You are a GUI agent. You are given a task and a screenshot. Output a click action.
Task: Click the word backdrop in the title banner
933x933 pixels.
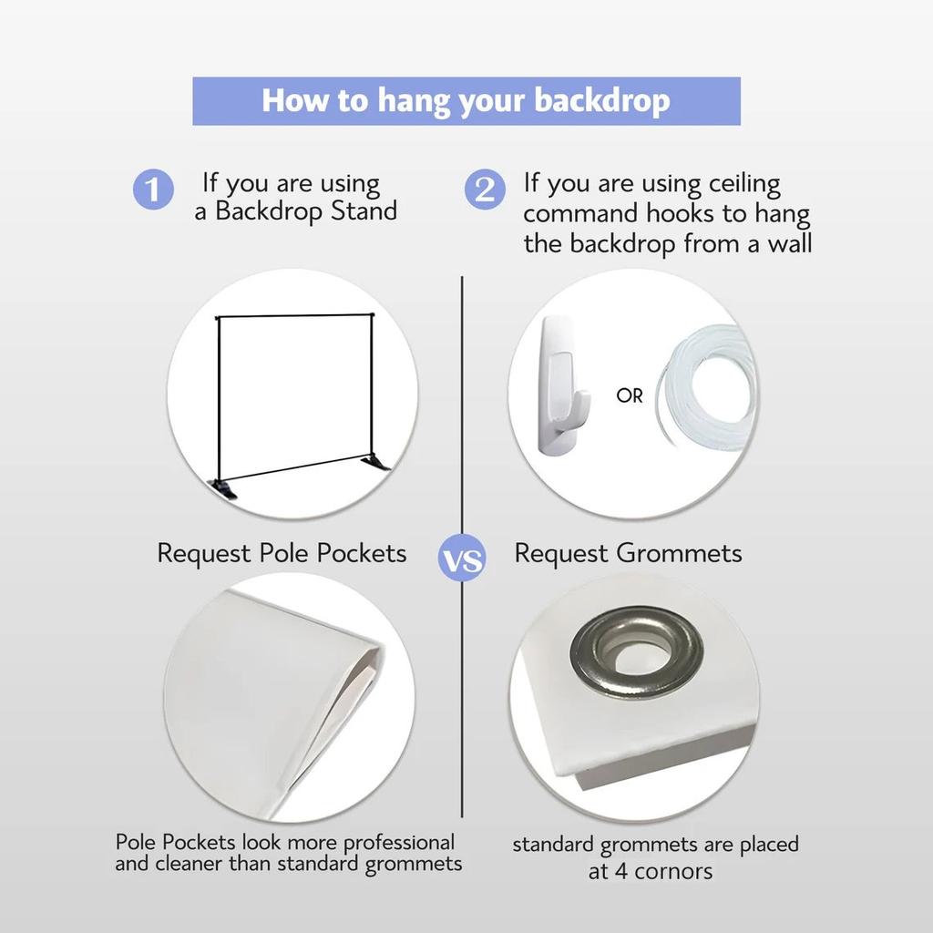pos(602,100)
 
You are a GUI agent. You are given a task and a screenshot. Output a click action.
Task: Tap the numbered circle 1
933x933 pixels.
pos(153,190)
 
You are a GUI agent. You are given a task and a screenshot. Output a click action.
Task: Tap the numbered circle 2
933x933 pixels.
pos(485,190)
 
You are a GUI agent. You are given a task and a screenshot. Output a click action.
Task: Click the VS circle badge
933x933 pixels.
pos(462,559)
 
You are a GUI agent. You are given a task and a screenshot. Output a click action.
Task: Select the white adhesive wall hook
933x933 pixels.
pos(562,386)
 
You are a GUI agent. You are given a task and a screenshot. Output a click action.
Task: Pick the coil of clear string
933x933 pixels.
pos(707,390)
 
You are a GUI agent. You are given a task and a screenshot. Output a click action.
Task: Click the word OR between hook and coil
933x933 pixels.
pos(630,395)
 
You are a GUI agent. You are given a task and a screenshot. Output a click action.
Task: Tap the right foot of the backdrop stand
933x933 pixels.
pos(375,463)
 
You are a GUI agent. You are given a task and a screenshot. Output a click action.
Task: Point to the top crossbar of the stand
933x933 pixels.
pos(295,315)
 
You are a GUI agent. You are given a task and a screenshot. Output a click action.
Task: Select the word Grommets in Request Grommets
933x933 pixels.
pos(679,553)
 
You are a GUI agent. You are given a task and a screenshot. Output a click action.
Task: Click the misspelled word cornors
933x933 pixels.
pos(673,872)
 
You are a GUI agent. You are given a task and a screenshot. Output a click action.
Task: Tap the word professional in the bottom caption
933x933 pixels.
pos(399,843)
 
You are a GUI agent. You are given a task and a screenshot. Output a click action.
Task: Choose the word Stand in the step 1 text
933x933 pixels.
pos(364,211)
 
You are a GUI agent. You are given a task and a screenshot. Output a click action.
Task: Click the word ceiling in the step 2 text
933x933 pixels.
pos(744,184)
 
